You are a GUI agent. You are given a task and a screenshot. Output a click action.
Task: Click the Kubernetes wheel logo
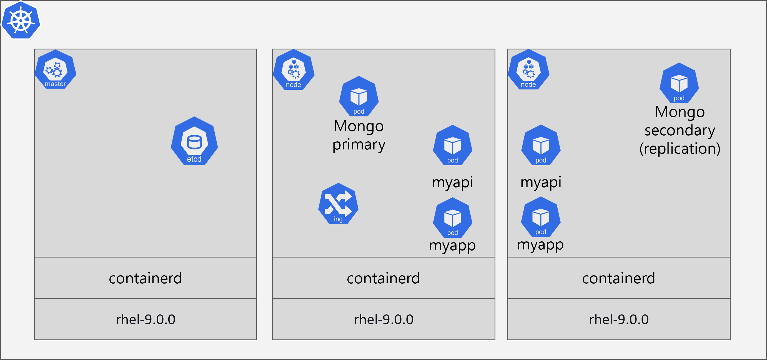coord(21,20)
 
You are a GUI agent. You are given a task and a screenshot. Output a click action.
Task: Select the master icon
coord(55,70)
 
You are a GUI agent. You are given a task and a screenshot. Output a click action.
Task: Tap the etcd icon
coord(194,141)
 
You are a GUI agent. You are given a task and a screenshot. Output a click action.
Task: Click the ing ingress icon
coord(338,204)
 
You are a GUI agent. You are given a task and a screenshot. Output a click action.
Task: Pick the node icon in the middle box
coord(294,70)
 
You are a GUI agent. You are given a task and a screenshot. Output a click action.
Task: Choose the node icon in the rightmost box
coord(528,70)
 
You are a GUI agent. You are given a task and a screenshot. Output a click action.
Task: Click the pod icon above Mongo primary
coord(359,96)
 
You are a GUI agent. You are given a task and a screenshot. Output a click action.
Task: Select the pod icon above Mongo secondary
coord(679,83)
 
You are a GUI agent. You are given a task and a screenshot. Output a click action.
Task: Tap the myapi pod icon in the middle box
coord(453,145)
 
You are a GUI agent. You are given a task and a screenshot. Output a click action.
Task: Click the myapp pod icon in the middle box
coord(453,218)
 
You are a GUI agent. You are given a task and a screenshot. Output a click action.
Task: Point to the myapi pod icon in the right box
coord(541,145)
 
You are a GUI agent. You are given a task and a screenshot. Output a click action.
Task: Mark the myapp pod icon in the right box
coord(541,217)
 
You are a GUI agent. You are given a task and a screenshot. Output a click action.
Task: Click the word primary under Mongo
coord(359,145)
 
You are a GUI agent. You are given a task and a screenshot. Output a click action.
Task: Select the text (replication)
coord(680,149)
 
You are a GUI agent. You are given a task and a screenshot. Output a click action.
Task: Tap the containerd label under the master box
coord(145,278)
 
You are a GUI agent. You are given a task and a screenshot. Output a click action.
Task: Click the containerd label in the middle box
coord(383,278)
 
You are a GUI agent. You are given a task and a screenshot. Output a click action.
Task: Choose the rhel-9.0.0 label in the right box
coord(619,319)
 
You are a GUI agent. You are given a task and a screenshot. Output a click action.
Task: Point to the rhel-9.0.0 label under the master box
coord(145,319)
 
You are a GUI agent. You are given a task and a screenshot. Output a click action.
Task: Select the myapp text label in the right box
coord(540,245)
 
